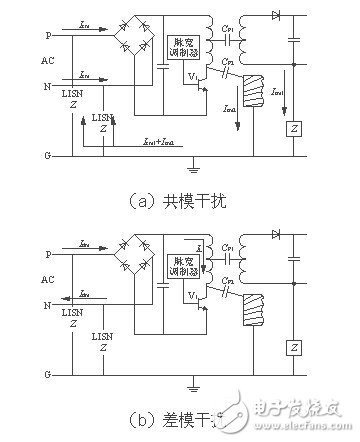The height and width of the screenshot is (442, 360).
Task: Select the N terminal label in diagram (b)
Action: pyautogui.click(x=45, y=299)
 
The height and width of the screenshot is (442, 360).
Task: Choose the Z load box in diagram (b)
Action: pyautogui.click(x=294, y=346)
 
